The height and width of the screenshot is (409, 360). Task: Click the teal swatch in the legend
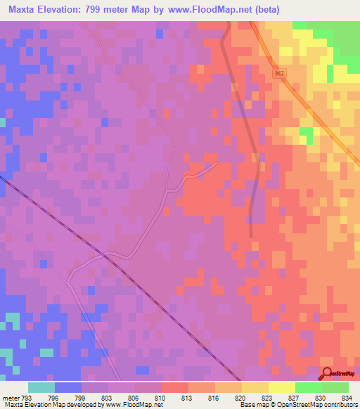point(41,387)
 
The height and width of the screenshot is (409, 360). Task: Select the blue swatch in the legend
point(68,387)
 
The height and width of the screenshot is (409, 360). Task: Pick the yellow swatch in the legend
point(281,387)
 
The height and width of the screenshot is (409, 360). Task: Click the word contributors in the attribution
point(341,405)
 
